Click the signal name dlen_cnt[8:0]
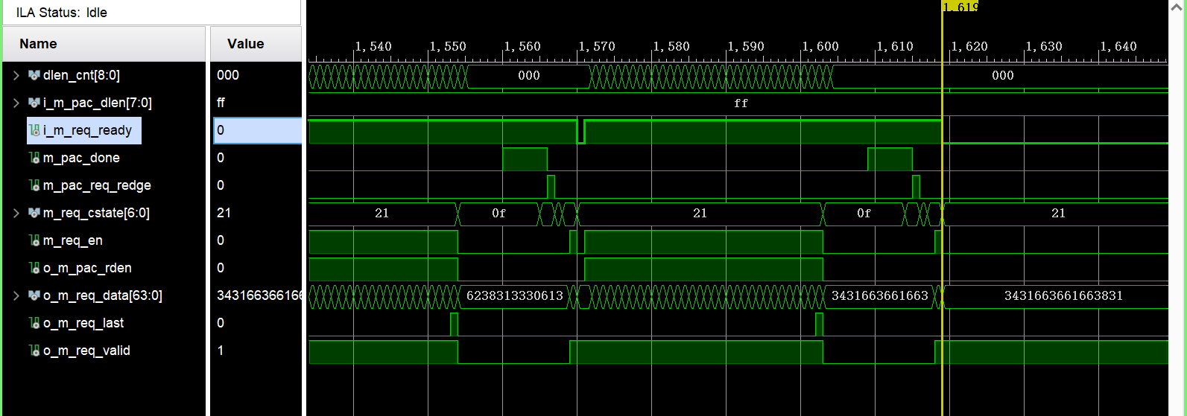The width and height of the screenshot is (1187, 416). pos(80,75)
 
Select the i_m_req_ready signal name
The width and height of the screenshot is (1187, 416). pos(86,130)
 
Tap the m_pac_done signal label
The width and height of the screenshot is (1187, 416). pos(80,158)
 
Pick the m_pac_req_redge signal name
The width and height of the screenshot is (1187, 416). pos(96,185)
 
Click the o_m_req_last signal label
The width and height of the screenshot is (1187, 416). pos(83,323)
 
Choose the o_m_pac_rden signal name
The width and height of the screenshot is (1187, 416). pos(86,268)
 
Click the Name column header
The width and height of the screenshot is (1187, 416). pos(38,44)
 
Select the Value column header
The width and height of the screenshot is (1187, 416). pos(245,44)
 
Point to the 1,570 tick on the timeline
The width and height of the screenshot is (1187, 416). pos(597,46)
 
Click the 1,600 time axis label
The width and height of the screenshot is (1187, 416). pos(820,46)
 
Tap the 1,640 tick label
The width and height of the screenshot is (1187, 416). pos(1118,46)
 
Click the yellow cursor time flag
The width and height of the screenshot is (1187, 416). pos(960,7)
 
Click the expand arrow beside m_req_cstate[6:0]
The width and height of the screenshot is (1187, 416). pos(16,214)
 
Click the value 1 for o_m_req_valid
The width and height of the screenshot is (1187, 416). pos(221,351)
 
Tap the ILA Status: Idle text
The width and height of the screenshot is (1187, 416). pos(62,13)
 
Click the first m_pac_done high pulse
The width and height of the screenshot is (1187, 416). pos(525,159)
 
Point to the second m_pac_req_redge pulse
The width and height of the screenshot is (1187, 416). pos(916,186)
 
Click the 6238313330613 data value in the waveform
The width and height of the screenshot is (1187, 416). pos(514,296)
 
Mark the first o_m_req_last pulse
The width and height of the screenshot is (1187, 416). pos(454,324)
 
